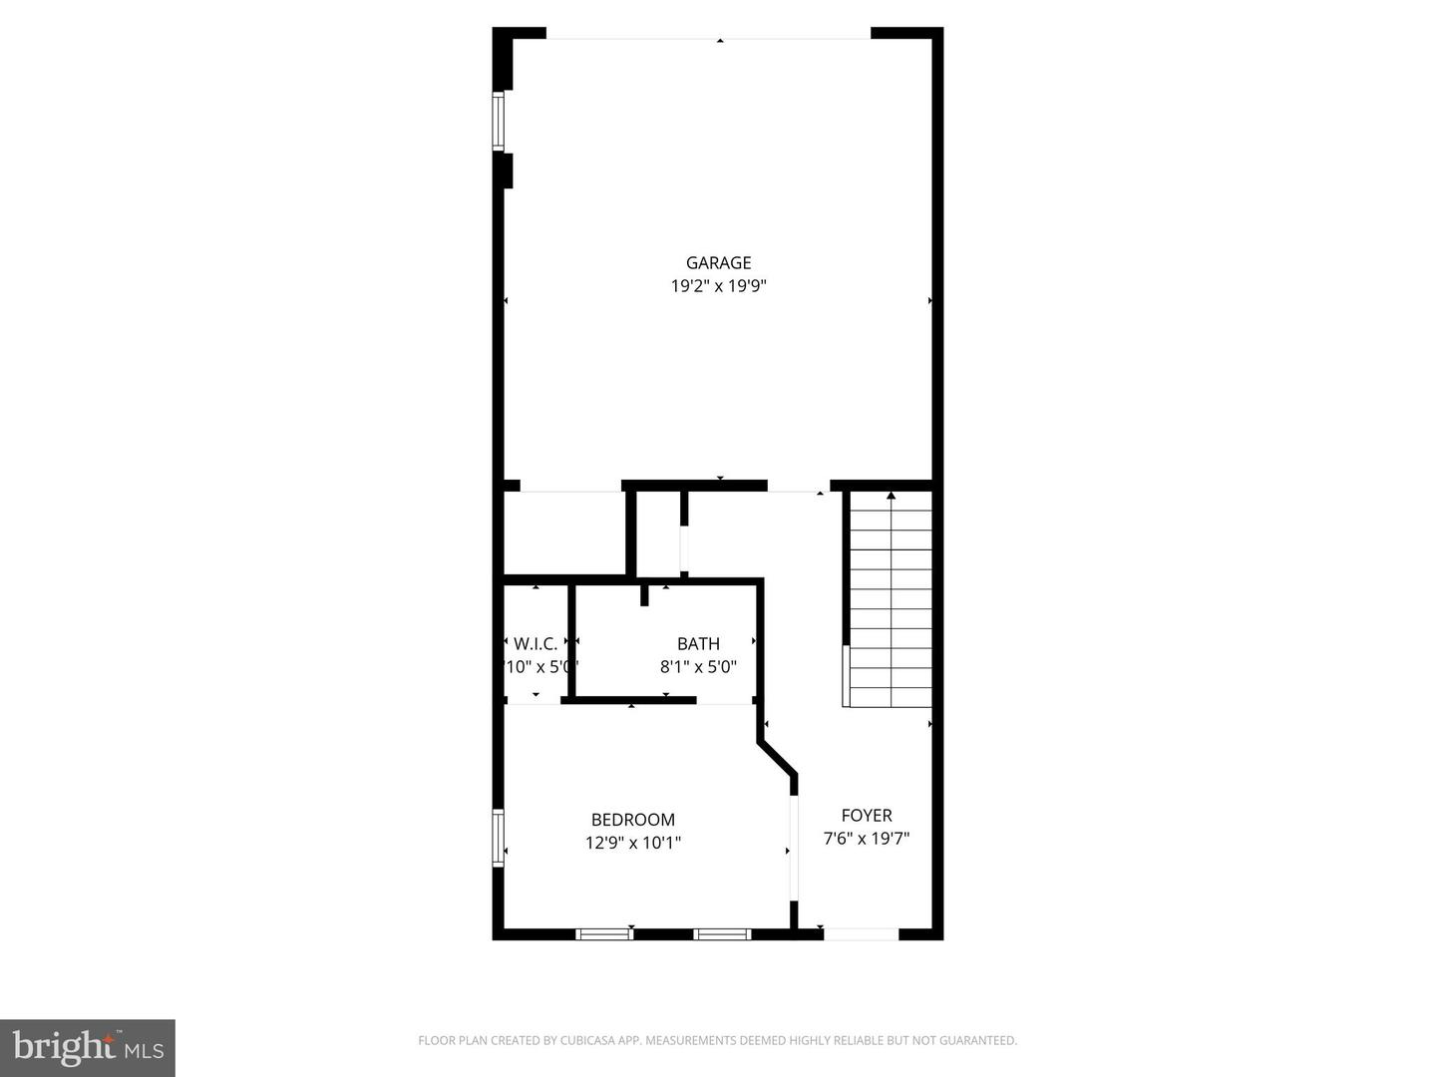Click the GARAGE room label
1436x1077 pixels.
(718, 263)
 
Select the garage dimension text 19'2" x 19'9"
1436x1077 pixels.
(718, 286)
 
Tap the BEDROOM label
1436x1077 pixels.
(633, 820)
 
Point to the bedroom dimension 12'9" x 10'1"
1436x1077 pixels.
(633, 843)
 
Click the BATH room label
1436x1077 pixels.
(698, 644)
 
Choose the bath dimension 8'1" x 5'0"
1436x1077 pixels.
(698, 667)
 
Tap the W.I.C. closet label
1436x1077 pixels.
(536, 644)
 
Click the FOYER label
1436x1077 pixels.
(867, 816)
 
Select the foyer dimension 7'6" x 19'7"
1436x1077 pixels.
(867, 839)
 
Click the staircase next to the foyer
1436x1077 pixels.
(890, 598)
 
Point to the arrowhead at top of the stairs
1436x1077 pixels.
(891, 495)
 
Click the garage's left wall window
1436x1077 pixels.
(499, 122)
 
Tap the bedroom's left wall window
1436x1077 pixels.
(499, 838)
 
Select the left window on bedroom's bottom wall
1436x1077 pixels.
(604, 934)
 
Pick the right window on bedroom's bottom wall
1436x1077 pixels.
(722, 934)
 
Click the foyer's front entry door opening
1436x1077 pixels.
(862, 934)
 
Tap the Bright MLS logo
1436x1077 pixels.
(88, 1047)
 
